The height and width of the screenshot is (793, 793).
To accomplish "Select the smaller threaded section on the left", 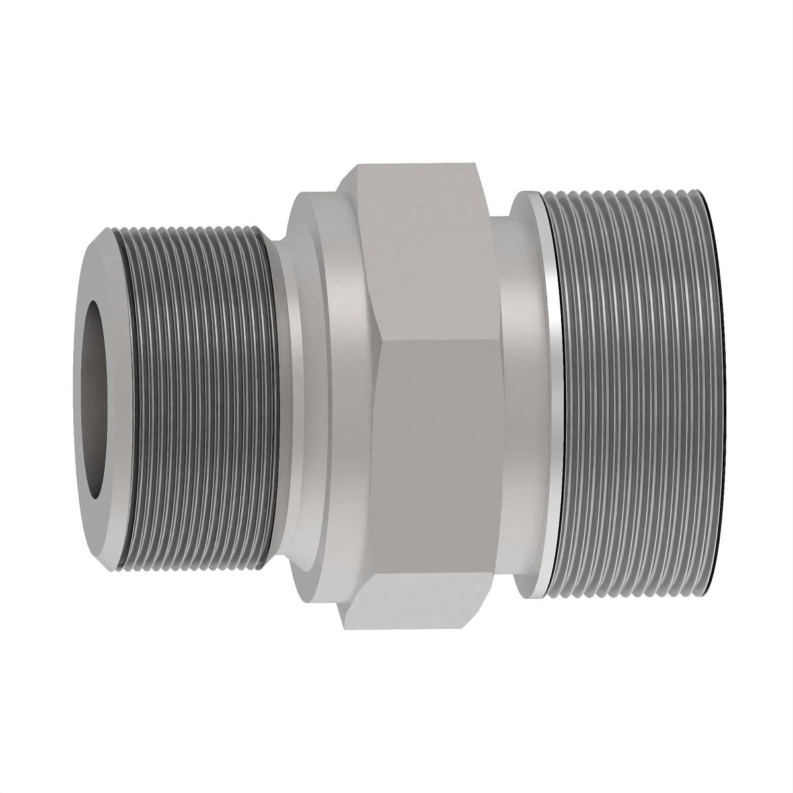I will coord(198,397).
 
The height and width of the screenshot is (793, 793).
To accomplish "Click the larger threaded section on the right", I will coord(634,397).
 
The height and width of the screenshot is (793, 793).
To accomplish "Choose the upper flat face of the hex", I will coord(423,251).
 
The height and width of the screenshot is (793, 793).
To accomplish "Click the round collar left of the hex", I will coord(317,397).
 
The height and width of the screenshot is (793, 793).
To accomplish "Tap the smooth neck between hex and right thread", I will coord(522,397).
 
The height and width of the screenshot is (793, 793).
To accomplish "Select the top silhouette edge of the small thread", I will coord(192,226).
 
